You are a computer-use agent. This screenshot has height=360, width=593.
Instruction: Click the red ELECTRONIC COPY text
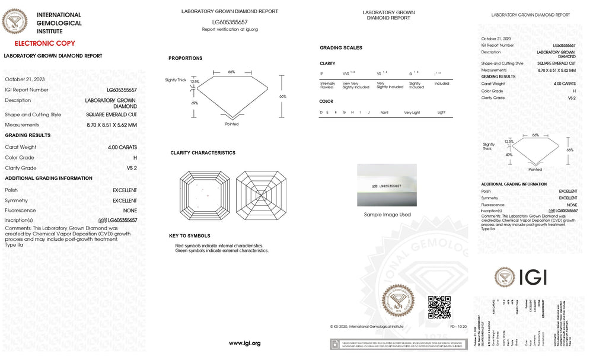(45, 43)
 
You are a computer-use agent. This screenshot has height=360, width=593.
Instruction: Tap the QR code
(439, 306)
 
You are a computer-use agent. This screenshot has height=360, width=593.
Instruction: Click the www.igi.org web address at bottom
(244, 343)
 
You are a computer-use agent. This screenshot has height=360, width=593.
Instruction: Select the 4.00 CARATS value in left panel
(122, 147)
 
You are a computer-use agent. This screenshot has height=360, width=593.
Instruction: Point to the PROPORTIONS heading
(185, 58)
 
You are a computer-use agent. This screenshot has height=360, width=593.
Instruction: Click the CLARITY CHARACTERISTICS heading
(203, 153)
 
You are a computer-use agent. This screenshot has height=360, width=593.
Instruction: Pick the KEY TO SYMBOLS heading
(189, 236)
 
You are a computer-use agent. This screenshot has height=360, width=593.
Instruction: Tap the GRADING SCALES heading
(341, 47)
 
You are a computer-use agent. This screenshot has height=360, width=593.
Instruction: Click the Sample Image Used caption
(387, 215)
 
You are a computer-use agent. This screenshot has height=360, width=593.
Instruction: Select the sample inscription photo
(387, 186)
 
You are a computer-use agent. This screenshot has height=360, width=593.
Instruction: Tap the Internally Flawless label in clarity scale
(327, 85)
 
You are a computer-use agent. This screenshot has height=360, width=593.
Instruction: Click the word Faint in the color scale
(384, 112)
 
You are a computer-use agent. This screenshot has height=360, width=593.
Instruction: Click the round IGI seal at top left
(15, 22)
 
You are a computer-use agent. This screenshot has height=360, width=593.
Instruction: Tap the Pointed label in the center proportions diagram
(232, 124)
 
